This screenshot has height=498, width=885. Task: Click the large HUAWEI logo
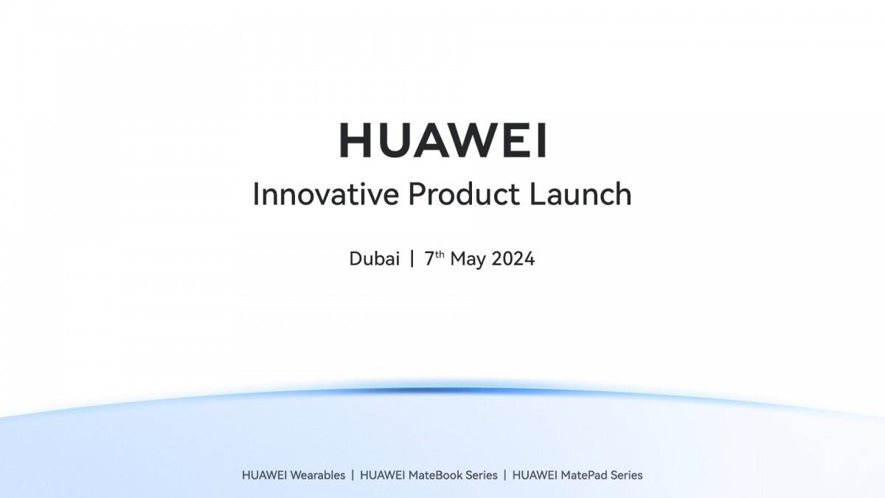(442, 140)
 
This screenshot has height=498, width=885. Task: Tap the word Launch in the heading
(581, 194)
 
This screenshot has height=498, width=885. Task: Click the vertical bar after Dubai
(412, 259)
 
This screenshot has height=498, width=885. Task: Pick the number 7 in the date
(428, 259)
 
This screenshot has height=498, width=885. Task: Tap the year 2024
(513, 259)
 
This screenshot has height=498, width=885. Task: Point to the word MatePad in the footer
(585, 475)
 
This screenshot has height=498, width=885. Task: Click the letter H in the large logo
(354, 140)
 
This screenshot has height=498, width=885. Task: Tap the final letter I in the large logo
(542, 140)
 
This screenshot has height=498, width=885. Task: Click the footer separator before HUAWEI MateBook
(353, 475)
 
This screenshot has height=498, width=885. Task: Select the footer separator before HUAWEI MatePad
(505, 475)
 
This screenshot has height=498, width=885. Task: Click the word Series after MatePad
(625, 475)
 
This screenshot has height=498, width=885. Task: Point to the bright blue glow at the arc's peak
(442, 390)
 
